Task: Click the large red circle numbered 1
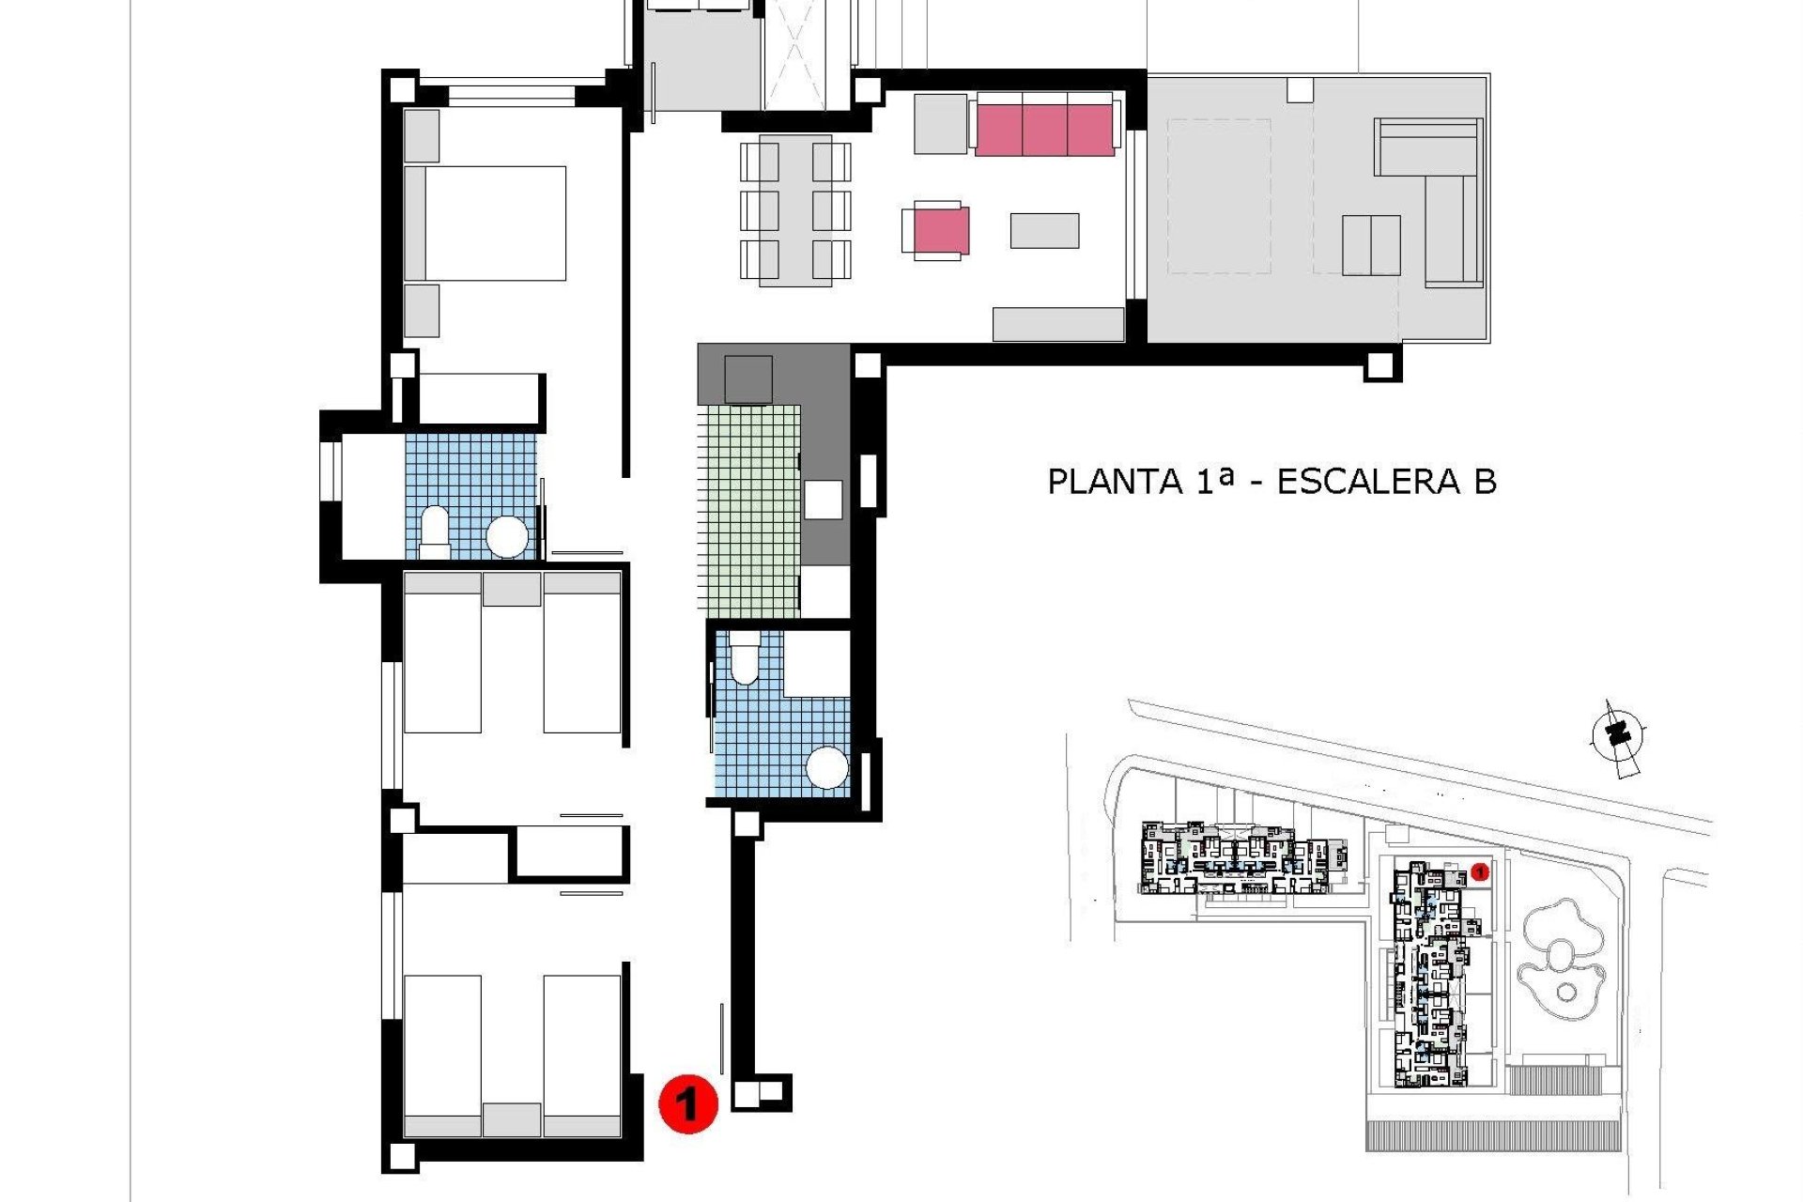pos(688,1103)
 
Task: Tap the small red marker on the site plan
pos(1480,872)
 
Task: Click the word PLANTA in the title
pos(1115,482)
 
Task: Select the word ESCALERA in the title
pos(1368,482)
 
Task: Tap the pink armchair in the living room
pos(940,231)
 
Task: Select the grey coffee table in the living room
pos(1044,231)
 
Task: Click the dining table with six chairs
pos(795,209)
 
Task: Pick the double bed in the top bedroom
pos(495,223)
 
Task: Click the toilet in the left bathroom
pos(435,530)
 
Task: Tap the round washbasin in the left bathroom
pos(507,537)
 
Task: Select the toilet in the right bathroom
pos(745,656)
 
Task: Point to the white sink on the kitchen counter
pos(823,500)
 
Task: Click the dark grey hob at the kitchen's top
pos(748,379)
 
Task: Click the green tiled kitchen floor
pos(748,512)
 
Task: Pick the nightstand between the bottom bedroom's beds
pos(512,1119)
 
